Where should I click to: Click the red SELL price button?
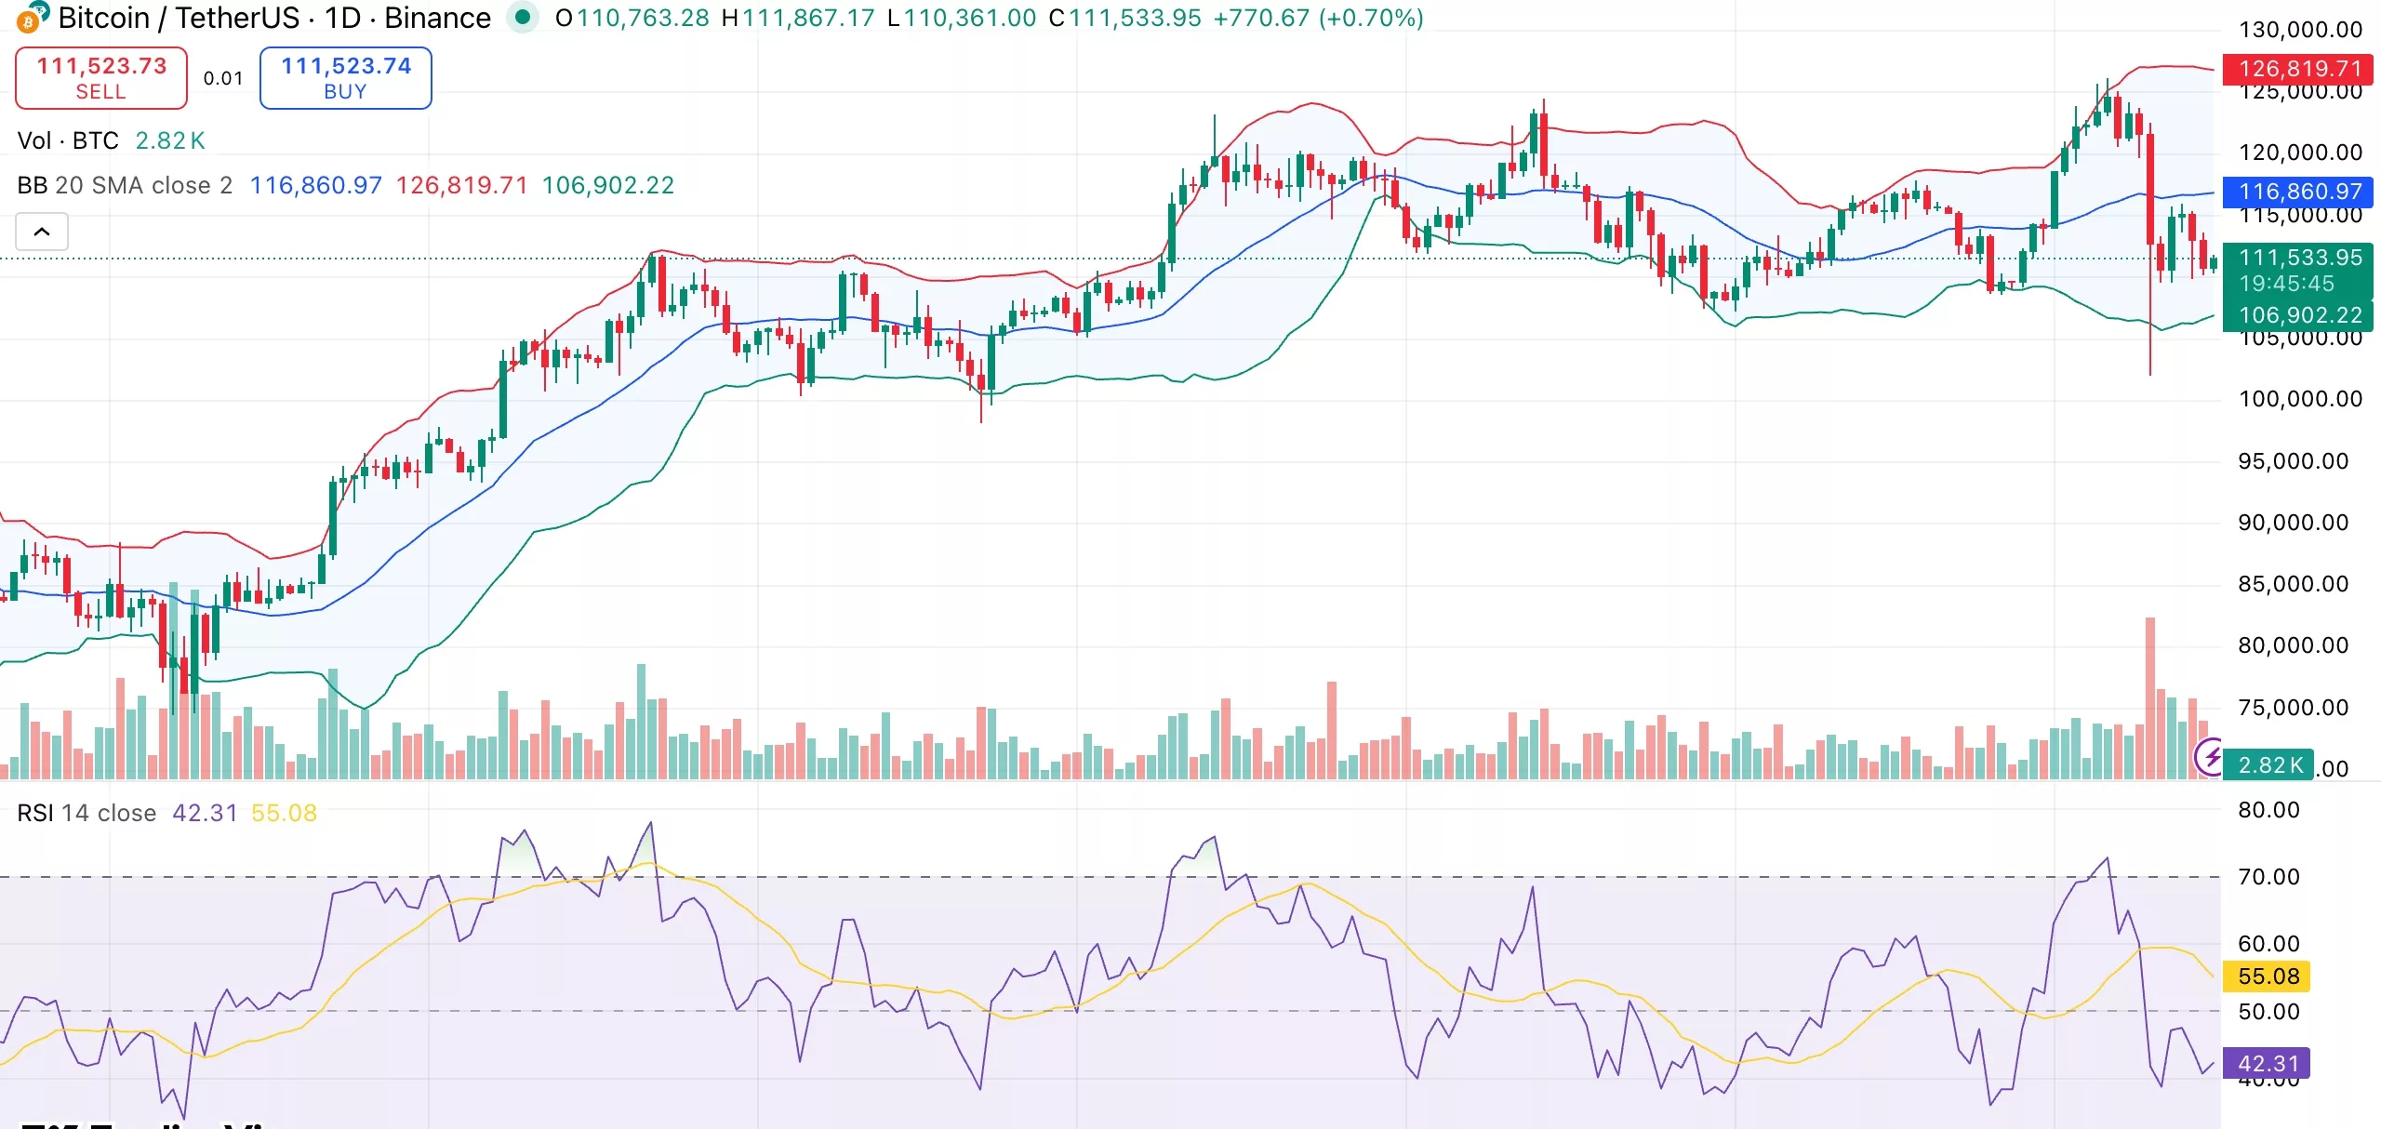(101, 78)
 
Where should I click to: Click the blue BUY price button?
(345, 78)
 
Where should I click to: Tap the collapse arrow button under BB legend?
(42, 232)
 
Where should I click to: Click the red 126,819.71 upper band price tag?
(2299, 69)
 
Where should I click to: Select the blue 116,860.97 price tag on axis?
(2299, 192)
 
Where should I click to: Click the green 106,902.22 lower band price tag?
(2299, 315)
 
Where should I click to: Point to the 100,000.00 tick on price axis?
(2299, 399)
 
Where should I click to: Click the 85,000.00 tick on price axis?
(2292, 584)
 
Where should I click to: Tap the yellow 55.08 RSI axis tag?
(2268, 976)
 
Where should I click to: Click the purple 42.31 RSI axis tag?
(2268, 1063)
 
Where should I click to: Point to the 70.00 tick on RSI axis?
(2268, 876)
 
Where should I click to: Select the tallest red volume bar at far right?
(2149, 697)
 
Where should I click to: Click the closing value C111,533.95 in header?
(1124, 18)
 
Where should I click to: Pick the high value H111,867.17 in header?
(798, 18)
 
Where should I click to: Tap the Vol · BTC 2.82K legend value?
(170, 140)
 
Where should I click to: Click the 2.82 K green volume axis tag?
(2269, 764)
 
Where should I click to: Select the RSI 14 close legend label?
(86, 813)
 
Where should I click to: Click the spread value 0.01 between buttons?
(223, 78)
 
